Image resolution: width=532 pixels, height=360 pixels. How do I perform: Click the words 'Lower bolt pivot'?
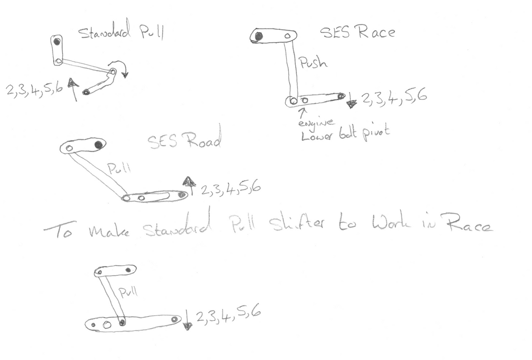[344, 135]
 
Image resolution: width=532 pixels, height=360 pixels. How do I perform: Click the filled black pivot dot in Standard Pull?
[57, 42]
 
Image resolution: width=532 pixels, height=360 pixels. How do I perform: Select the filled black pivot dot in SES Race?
[258, 36]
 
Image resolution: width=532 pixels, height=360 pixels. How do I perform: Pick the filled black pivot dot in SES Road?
[98, 144]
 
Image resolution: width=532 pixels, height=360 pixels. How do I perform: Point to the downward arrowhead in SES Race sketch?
[352, 104]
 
